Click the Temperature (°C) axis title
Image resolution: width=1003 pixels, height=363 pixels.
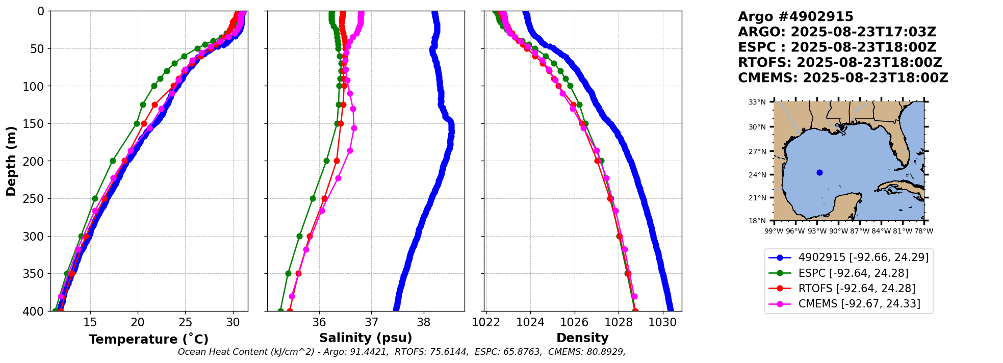(148, 339)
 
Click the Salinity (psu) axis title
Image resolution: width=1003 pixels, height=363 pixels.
(366, 338)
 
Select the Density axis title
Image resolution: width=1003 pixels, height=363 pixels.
(582, 338)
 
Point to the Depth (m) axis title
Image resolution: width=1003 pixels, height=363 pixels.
(11, 161)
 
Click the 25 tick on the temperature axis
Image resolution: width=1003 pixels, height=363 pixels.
(185, 322)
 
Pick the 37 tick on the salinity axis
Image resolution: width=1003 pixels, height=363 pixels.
(371, 322)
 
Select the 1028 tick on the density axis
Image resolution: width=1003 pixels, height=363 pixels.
(619, 322)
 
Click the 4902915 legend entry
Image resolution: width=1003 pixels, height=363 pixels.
(849, 257)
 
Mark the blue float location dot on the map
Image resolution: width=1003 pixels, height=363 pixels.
(819, 172)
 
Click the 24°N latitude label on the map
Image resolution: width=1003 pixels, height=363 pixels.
(757, 175)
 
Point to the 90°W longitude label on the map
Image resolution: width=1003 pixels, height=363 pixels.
(838, 231)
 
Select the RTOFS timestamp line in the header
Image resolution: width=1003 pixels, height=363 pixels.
(840, 63)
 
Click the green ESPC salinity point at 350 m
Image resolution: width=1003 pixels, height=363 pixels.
(288, 273)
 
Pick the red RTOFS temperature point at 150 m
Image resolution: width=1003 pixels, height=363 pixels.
(144, 123)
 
